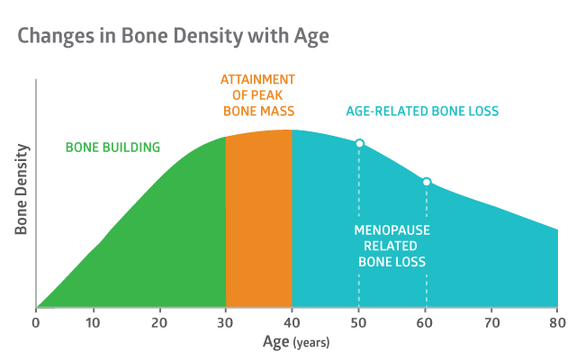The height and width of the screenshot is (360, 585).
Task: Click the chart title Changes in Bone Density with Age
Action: (x=174, y=37)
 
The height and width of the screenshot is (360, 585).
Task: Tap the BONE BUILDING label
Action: (x=112, y=148)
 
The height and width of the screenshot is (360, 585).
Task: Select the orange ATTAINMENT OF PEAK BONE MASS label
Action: (x=258, y=95)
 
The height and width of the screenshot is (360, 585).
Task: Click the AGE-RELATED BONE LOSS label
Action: (x=422, y=112)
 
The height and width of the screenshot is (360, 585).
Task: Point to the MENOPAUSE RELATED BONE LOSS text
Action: (x=391, y=246)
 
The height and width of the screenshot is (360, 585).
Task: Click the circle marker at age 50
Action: (x=359, y=143)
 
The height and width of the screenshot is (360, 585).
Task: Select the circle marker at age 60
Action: (x=427, y=182)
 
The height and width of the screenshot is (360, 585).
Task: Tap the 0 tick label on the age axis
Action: (x=36, y=323)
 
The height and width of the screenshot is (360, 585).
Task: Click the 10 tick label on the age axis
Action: (x=93, y=323)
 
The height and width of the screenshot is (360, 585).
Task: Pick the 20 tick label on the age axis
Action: (x=159, y=323)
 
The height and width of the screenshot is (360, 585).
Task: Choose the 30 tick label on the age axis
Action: (x=225, y=323)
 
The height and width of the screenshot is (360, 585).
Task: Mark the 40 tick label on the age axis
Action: (x=292, y=323)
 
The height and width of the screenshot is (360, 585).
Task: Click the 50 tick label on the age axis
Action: (x=358, y=323)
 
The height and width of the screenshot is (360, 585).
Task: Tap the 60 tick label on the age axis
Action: (x=425, y=323)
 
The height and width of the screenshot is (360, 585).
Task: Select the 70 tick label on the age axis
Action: (x=491, y=323)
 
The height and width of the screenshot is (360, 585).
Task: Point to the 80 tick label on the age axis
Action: (x=557, y=323)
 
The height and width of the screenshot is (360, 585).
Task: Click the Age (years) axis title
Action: (x=296, y=342)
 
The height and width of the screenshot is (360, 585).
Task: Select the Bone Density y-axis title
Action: (x=22, y=189)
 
